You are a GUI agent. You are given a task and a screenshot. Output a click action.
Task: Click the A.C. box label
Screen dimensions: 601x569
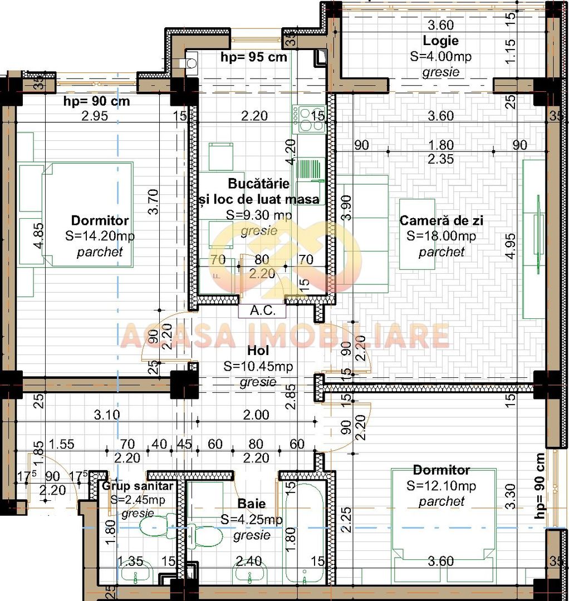(x=262, y=311)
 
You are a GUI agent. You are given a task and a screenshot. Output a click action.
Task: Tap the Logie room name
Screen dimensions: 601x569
(x=440, y=41)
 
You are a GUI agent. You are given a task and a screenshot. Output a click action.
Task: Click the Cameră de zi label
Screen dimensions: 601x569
(x=442, y=221)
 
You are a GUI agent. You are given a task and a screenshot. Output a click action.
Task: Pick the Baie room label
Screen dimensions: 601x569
(x=251, y=504)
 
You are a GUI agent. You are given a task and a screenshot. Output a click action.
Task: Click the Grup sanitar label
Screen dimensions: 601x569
(x=138, y=486)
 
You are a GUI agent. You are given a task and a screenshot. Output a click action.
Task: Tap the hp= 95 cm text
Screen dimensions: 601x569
(x=254, y=57)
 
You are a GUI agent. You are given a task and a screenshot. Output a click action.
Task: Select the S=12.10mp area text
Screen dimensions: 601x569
(x=442, y=486)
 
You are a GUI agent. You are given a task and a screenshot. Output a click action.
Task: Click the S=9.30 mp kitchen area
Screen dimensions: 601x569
(x=259, y=215)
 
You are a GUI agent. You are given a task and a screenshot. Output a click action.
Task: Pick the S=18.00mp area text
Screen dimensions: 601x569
(x=442, y=236)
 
